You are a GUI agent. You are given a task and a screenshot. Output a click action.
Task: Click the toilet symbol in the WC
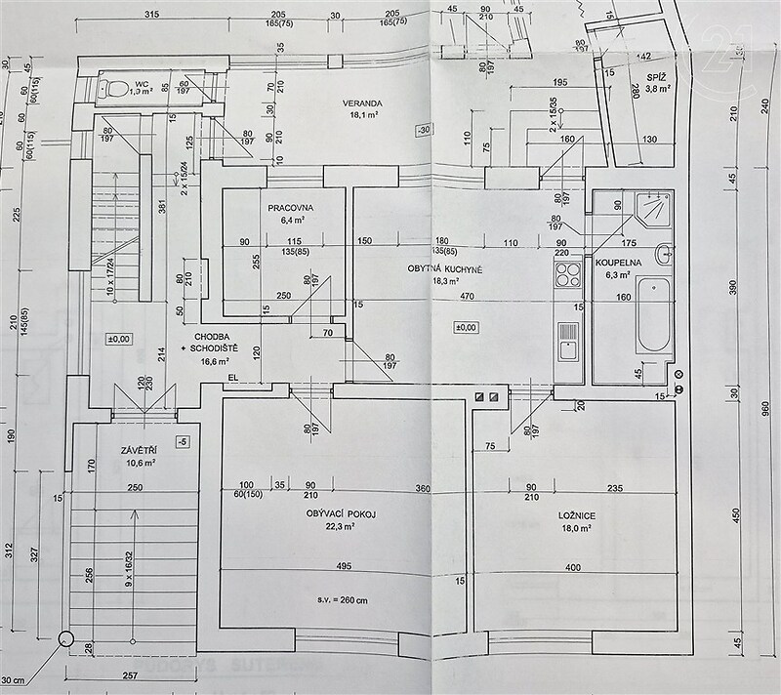pos(114,89)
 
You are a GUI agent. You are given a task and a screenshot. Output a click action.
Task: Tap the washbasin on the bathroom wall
pos(664,256)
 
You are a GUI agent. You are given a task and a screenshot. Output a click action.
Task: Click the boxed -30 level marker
pos(423,130)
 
